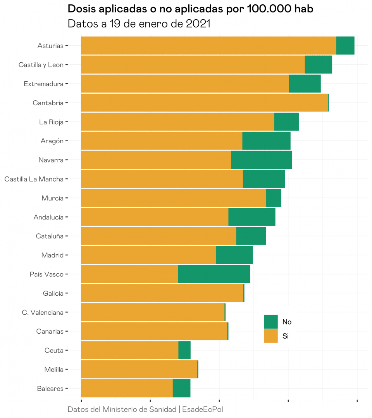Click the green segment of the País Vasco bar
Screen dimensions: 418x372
tap(214, 274)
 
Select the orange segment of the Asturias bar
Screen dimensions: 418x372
tap(208, 46)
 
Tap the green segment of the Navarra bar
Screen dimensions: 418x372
tap(261, 160)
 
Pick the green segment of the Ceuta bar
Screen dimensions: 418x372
tap(184, 350)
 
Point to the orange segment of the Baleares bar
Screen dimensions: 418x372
tap(127, 388)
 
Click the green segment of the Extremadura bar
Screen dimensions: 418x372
tap(305, 84)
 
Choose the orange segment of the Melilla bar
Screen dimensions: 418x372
tap(139, 369)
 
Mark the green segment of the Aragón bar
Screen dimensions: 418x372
tap(266, 141)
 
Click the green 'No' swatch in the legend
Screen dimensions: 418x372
tap(270, 322)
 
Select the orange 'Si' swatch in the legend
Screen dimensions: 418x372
tap(270, 336)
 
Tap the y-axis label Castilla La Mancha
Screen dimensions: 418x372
tap(34, 179)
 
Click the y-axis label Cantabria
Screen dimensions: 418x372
tap(48, 103)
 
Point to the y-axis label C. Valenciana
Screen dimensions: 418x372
tap(43, 312)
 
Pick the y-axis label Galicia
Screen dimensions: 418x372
tap(53, 293)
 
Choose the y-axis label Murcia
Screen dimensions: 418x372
tap(52, 198)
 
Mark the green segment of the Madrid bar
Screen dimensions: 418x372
tap(234, 255)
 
